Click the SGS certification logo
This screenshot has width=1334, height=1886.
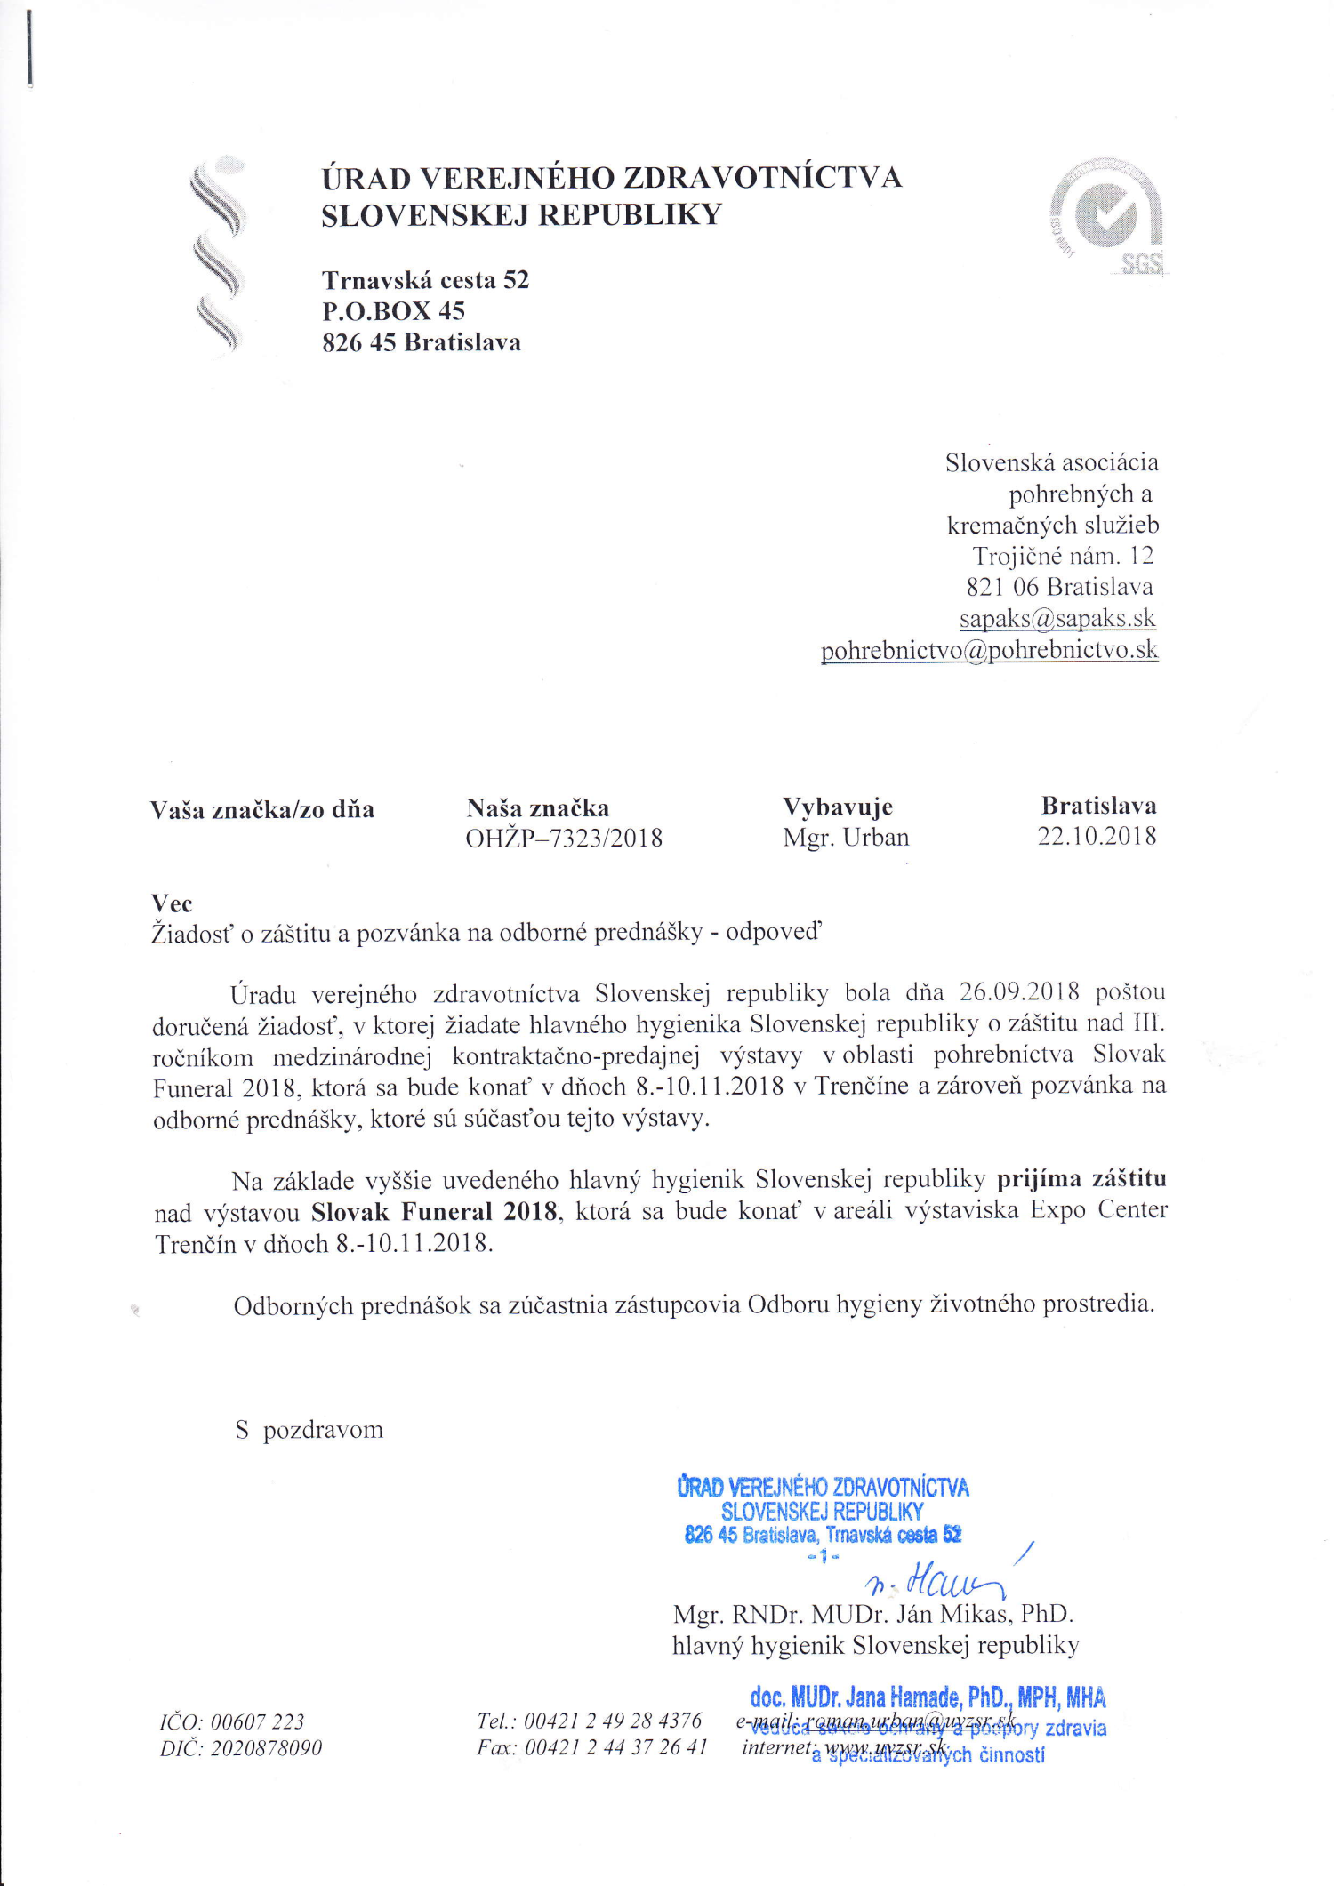tap(1108, 217)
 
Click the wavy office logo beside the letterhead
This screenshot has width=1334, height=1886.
tap(216, 257)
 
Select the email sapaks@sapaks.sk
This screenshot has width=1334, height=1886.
tap(1057, 618)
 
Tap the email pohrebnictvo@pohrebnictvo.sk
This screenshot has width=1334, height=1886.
tap(989, 650)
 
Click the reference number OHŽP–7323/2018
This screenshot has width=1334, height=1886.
tap(564, 838)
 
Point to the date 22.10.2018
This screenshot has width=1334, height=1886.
tap(1097, 836)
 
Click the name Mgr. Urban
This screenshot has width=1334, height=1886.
tap(846, 838)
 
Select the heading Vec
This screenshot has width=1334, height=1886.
tap(172, 903)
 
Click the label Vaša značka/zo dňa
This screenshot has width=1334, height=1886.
tap(261, 810)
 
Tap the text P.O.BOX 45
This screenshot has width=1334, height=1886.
tap(393, 311)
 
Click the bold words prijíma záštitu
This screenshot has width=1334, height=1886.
tap(1081, 1178)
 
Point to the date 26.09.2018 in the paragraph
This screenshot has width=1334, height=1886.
tap(1019, 991)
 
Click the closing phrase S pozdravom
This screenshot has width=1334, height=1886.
tap(309, 1430)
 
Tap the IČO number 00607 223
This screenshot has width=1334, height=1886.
tap(257, 1721)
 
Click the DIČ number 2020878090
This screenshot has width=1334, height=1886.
tap(266, 1748)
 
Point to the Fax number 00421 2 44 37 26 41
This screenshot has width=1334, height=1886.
tap(615, 1747)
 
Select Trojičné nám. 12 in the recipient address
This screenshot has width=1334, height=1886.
tap(1062, 556)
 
